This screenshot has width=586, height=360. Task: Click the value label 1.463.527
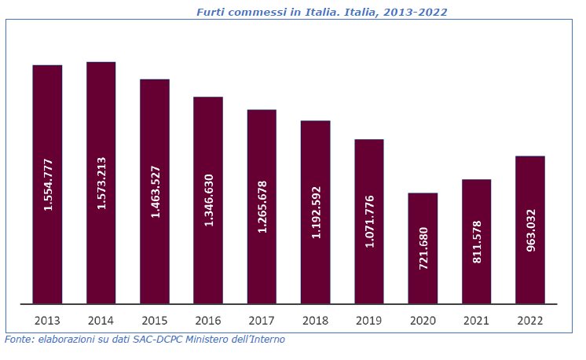(x=155, y=192)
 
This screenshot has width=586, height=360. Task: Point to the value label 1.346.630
(x=208, y=200)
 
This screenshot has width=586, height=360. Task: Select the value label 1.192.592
(x=316, y=212)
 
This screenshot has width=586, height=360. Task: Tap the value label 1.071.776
(x=369, y=222)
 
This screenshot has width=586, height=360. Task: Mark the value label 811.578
(x=477, y=241)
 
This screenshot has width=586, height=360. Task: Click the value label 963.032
(x=530, y=230)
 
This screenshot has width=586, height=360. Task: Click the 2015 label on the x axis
(x=155, y=321)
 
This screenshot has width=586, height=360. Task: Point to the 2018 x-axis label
(x=316, y=321)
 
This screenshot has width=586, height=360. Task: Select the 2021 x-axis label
(x=477, y=321)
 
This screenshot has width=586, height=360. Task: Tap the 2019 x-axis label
(x=369, y=321)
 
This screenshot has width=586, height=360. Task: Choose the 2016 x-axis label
(x=208, y=321)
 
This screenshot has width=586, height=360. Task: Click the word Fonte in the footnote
(x=19, y=340)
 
